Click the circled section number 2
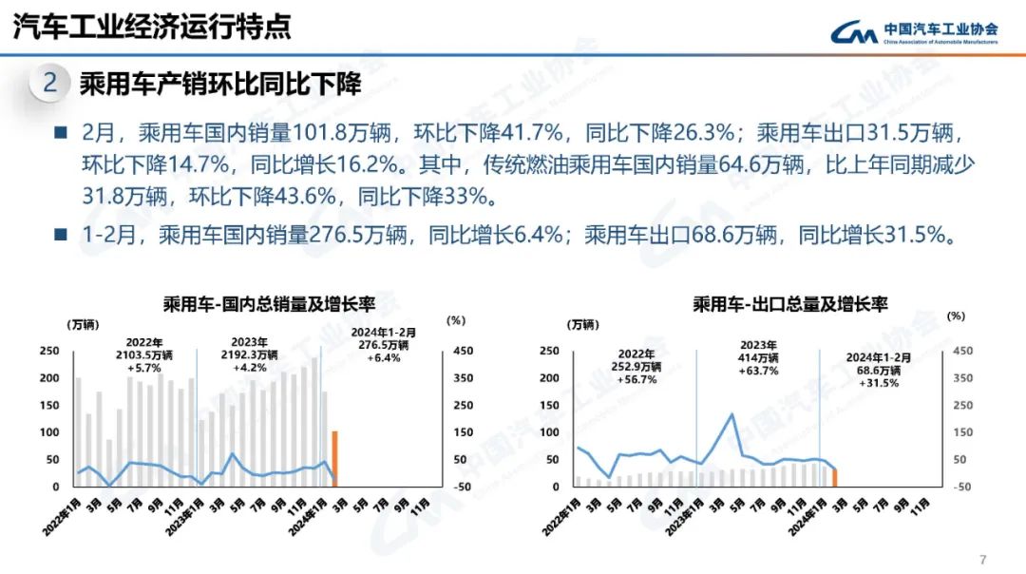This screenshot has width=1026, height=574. (x=49, y=84)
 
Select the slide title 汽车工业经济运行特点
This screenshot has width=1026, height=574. (x=152, y=27)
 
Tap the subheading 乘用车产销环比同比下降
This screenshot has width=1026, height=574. (x=220, y=84)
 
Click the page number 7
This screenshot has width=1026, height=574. (x=982, y=558)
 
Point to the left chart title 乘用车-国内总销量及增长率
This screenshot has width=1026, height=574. (x=269, y=305)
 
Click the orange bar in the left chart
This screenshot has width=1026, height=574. (x=334, y=458)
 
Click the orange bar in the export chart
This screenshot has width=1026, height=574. (x=834, y=477)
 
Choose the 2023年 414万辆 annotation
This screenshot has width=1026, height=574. (x=757, y=357)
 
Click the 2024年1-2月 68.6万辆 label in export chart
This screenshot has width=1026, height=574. (x=879, y=370)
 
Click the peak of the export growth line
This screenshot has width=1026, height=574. (x=731, y=414)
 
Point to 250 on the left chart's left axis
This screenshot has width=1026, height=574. (x=48, y=351)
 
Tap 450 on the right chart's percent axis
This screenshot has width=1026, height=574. (x=962, y=351)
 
